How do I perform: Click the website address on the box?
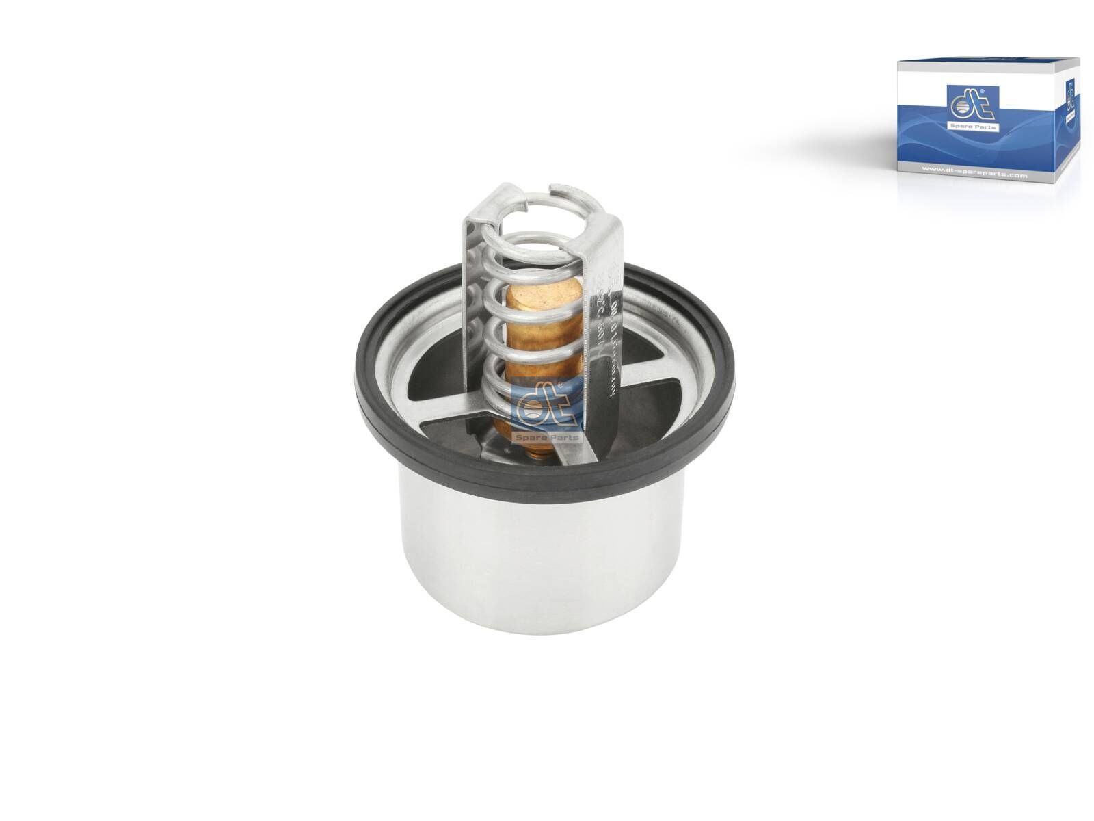(x=970, y=176)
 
